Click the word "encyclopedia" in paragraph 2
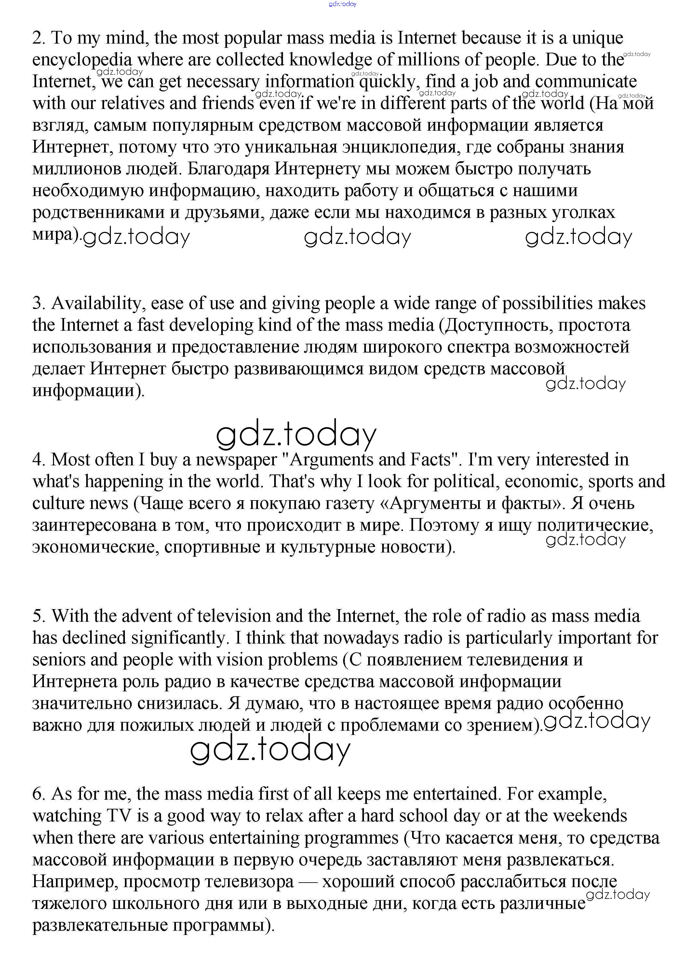pyautogui.click(x=82, y=60)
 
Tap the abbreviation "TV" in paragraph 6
pyautogui.click(x=119, y=816)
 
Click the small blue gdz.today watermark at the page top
pyautogui.click(x=342, y=4)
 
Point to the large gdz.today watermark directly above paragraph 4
pyautogui.click(x=296, y=435)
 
